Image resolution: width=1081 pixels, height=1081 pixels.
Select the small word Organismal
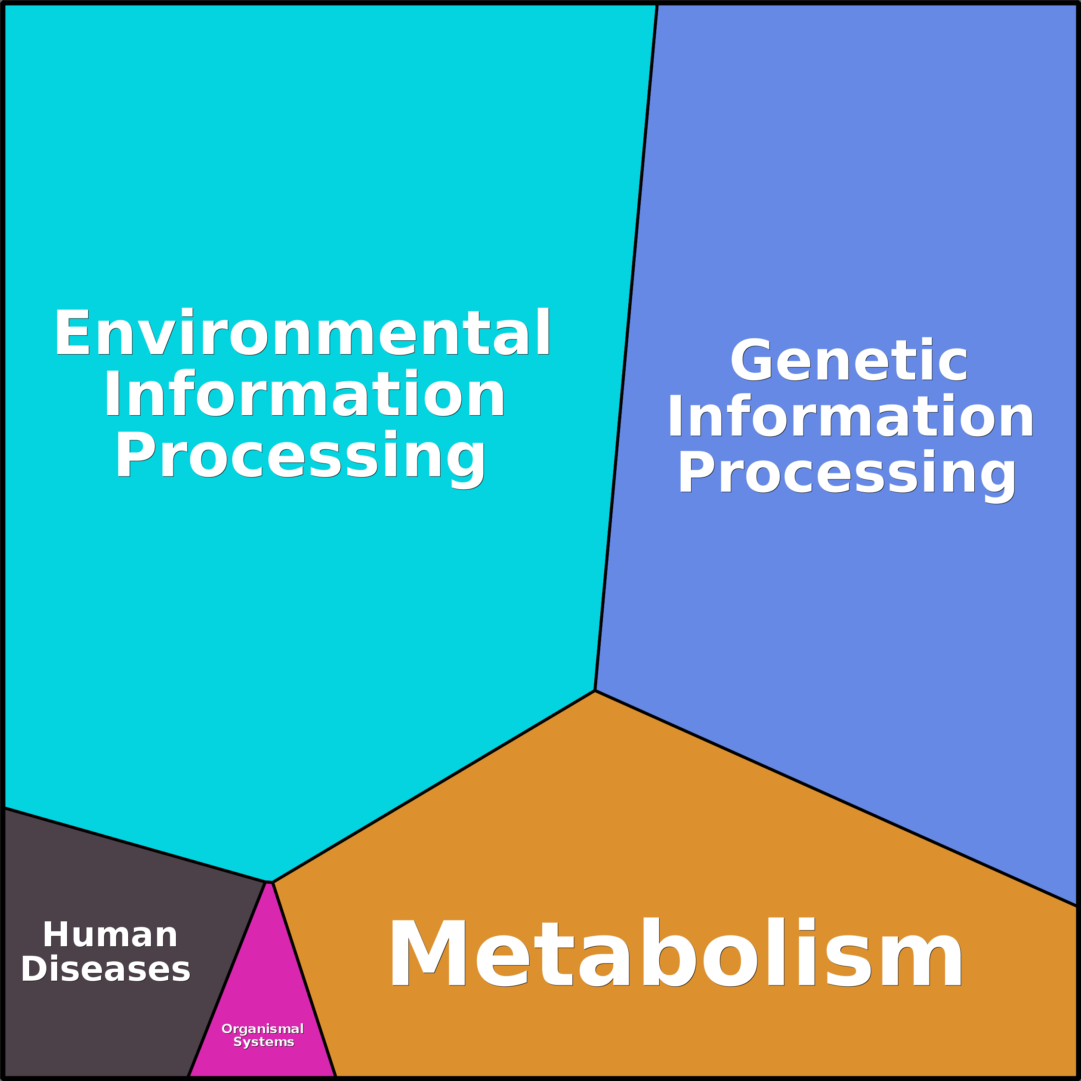(263, 1029)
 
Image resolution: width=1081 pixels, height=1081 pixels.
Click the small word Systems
(263, 1042)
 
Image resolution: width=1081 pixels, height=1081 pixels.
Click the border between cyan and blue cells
(627, 347)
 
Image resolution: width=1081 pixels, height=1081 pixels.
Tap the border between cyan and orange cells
(434, 787)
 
